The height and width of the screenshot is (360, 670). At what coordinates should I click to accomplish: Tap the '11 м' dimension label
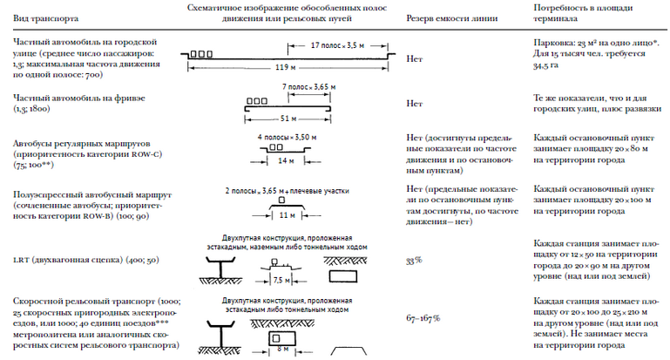[x=286, y=213]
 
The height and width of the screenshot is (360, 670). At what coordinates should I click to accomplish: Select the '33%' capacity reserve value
[x=415, y=261]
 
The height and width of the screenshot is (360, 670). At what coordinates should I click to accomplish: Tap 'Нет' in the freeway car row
[x=415, y=102]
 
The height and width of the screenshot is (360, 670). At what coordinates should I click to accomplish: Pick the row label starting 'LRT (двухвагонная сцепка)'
[x=78, y=261]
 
